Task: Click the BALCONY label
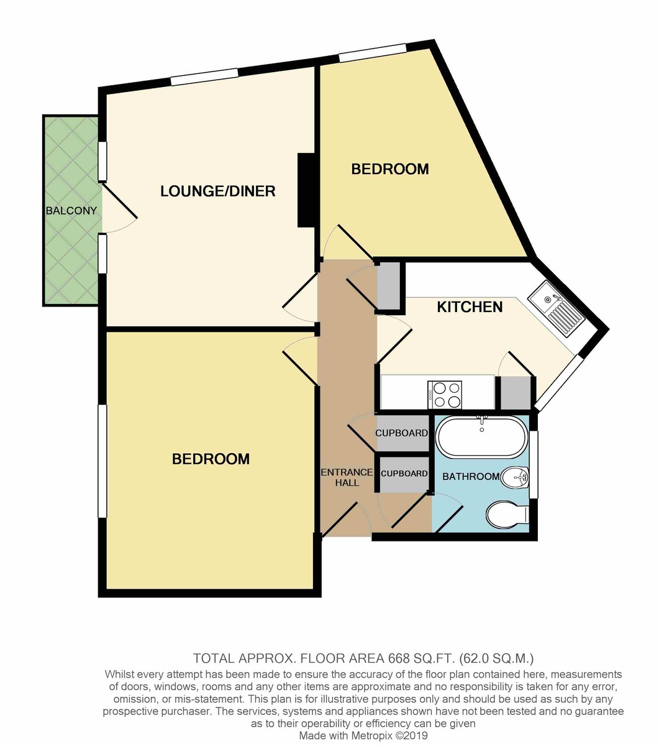(x=71, y=211)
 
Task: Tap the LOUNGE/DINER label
(x=218, y=191)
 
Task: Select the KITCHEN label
(x=470, y=306)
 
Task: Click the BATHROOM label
(x=471, y=476)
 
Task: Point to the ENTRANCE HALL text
(x=347, y=477)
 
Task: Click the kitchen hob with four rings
(x=445, y=395)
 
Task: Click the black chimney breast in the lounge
(x=306, y=190)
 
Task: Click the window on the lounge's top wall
(x=204, y=77)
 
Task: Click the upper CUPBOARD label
(x=401, y=433)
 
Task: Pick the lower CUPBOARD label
(x=404, y=474)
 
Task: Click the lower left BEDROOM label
(x=211, y=459)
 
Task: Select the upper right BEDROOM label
(x=390, y=169)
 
